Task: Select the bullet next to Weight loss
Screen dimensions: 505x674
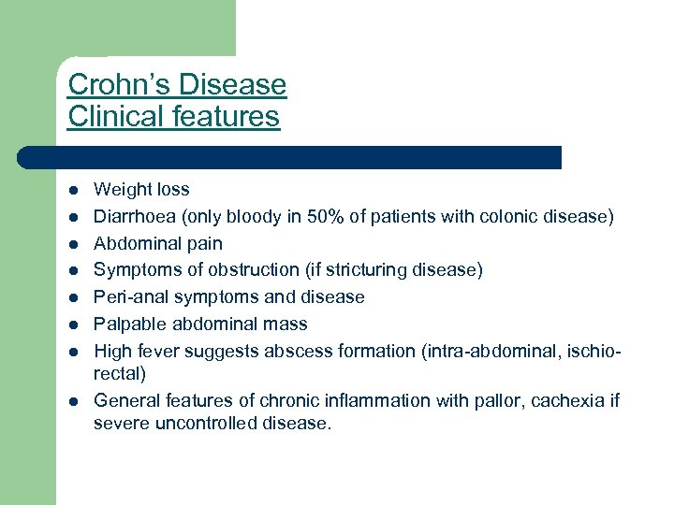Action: [x=72, y=190]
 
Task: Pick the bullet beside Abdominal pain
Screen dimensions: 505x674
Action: [x=72, y=243]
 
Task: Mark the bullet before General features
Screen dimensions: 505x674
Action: [x=72, y=402]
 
